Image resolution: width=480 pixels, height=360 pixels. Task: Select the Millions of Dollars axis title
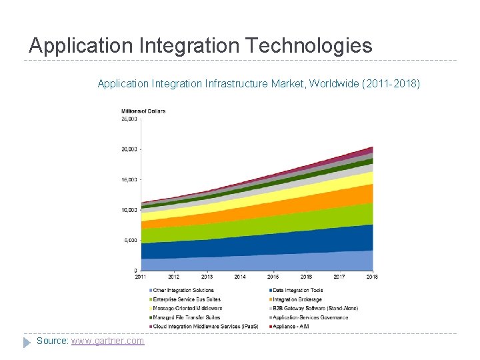(x=143, y=111)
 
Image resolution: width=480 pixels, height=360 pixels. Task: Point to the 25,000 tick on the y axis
(x=129, y=119)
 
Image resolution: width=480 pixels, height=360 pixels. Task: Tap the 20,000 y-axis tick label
(x=129, y=149)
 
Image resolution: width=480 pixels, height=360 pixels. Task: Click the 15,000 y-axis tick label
(x=129, y=180)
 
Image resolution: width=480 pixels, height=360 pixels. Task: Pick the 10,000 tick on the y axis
(x=129, y=210)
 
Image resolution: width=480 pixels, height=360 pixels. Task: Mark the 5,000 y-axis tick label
(x=130, y=240)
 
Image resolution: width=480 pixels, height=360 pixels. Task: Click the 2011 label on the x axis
(x=141, y=277)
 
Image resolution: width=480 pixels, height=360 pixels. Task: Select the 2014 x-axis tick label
(x=240, y=277)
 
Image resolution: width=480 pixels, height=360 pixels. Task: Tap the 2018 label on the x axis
(x=372, y=277)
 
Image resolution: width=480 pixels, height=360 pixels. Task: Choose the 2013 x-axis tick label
(x=207, y=277)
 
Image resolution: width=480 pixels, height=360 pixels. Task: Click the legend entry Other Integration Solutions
(x=183, y=290)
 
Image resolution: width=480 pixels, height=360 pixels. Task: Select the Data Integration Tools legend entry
(x=298, y=290)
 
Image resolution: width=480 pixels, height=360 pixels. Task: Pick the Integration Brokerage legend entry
(x=297, y=299)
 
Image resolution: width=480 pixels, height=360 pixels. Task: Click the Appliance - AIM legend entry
(x=292, y=327)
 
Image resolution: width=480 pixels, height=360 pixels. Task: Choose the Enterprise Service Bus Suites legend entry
(x=187, y=299)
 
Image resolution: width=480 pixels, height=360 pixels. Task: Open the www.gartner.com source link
(x=107, y=341)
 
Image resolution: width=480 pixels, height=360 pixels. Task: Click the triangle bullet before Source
(x=27, y=341)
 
